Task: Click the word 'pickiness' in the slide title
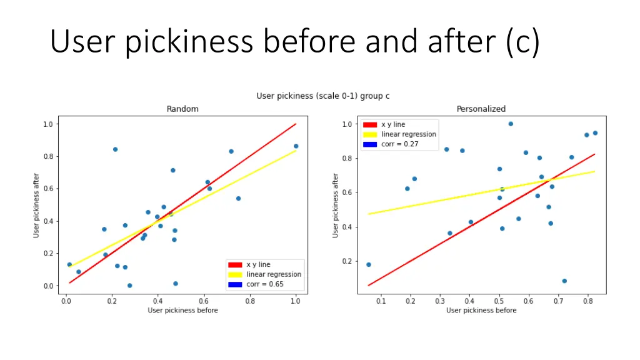tap(190, 42)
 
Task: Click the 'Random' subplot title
tap(182, 109)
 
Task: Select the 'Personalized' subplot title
tap(481, 109)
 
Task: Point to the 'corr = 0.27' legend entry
tap(400, 144)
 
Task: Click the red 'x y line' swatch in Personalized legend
tap(371, 125)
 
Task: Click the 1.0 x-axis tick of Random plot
tap(296, 301)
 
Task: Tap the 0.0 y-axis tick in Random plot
tap(48, 286)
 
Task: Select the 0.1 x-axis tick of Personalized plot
tap(381, 301)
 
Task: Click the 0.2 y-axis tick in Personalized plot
tap(347, 261)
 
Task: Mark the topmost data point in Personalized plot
tap(511, 124)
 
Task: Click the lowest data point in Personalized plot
tap(564, 281)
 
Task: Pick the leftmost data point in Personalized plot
tap(369, 264)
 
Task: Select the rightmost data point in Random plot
tap(296, 146)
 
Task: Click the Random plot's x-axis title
tap(182, 311)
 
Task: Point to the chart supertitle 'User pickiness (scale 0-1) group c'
tap(323, 96)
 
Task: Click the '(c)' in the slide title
tap(523, 42)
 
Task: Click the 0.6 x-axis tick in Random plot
tap(204, 301)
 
